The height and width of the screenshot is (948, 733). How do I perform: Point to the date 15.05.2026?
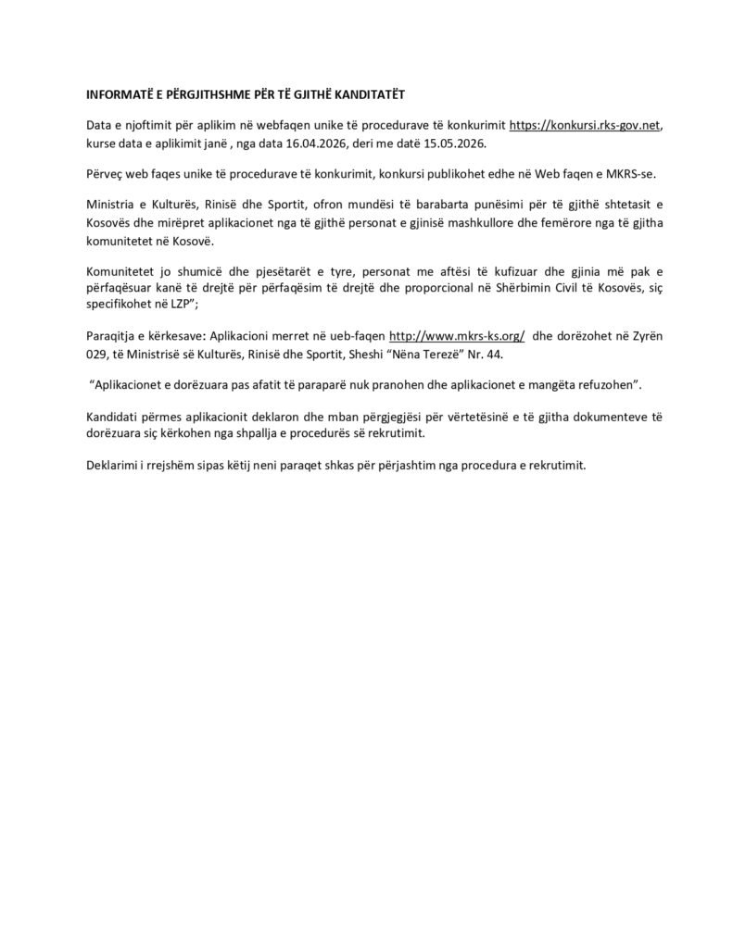(x=453, y=145)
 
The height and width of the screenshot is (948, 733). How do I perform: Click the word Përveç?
(x=106, y=175)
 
